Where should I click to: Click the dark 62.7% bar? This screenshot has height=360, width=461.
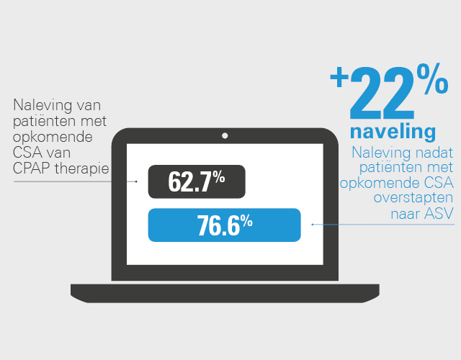tap(197, 181)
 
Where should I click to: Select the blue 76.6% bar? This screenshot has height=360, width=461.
tap(224, 225)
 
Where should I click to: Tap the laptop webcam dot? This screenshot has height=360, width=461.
tap(225, 136)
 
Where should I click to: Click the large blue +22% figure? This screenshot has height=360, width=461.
tap(389, 91)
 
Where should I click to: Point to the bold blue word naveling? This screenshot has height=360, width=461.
tap(393, 132)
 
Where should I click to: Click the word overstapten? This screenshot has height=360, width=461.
tap(413, 198)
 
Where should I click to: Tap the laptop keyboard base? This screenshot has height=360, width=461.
tap(225, 293)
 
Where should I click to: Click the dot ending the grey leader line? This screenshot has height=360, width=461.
tap(136, 181)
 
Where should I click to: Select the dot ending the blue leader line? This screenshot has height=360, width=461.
tap(313, 225)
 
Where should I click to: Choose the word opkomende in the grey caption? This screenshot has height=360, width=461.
tap(53, 138)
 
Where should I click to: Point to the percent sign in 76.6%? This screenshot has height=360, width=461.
tap(246, 220)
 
